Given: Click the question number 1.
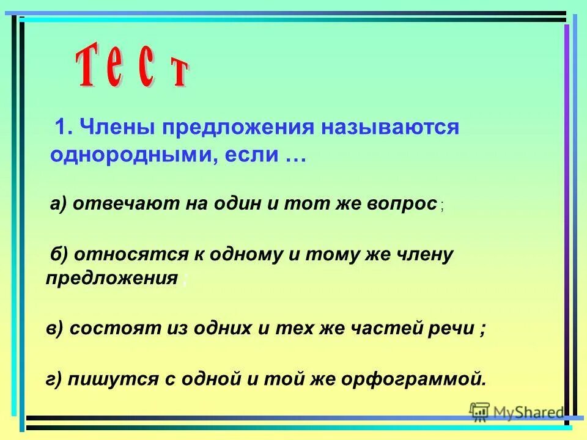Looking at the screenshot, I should click(x=62, y=128).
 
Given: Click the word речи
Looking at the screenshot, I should click(x=451, y=328).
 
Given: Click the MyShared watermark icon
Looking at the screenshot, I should click(x=480, y=412).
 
